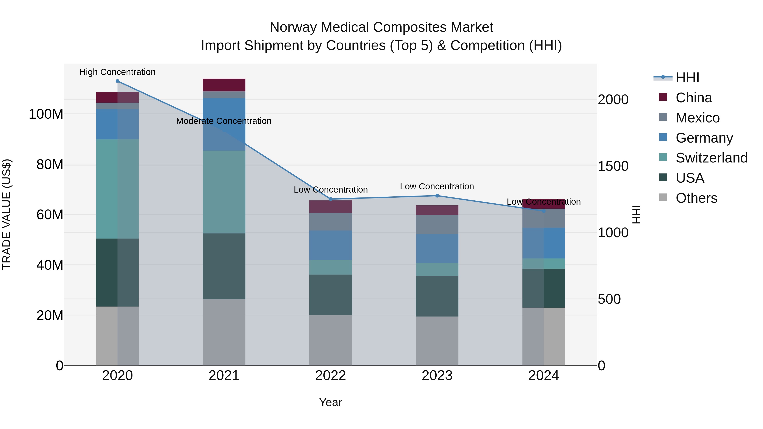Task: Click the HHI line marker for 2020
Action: pyautogui.click(x=118, y=81)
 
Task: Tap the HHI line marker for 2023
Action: pyautogui.click(x=437, y=196)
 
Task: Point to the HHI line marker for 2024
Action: pyautogui.click(x=544, y=211)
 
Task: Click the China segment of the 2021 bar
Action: pyautogui.click(x=224, y=85)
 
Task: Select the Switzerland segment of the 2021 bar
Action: pyautogui.click(x=224, y=192)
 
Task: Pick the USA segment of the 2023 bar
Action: pyautogui.click(x=437, y=296)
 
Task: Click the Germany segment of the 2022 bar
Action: pyautogui.click(x=331, y=246)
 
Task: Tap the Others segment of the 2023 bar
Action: pyautogui.click(x=437, y=341)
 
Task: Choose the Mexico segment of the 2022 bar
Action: pyautogui.click(x=331, y=222)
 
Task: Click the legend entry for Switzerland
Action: pyautogui.click(x=711, y=158)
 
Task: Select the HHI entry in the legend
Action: pyautogui.click(x=687, y=78)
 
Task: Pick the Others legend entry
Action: pyautogui.click(x=696, y=198)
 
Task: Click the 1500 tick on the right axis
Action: pyautogui.click(x=613, y=166)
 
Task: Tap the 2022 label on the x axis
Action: pyautogui.click(x=331, y=376)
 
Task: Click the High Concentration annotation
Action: pyautogui.click(x=118, y=72)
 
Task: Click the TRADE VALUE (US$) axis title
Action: pyautogui.click(x=7, y=214)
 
